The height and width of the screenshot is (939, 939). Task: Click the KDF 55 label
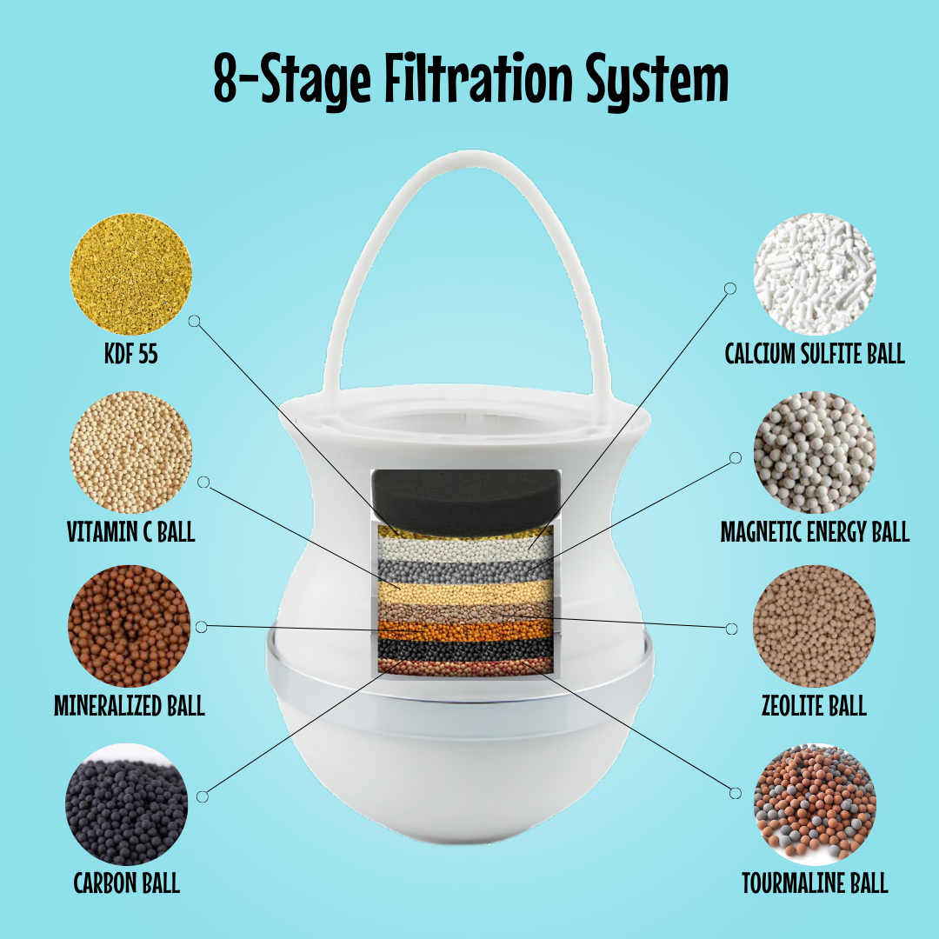(131, 354)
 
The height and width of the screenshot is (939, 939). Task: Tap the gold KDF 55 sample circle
(130, 274)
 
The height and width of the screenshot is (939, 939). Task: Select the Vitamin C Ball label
(130, 532)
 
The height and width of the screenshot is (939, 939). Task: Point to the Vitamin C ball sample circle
(130, 452)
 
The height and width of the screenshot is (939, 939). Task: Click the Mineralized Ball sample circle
(130, 626)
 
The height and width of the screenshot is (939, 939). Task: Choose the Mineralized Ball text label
(130, 705)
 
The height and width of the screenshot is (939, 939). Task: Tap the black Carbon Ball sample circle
(126, 804)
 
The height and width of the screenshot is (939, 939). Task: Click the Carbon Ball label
(126, 883)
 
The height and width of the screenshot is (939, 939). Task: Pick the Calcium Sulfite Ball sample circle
(815, 274)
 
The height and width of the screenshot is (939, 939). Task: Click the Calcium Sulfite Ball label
(815, 354)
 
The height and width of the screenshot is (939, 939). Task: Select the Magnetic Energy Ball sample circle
(815, 452)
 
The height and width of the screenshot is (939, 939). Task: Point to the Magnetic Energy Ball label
(815, 532)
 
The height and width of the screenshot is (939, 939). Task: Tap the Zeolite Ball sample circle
(814, 626)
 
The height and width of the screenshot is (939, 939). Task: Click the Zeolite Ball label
(814, 705)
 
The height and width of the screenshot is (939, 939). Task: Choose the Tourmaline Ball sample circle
(815, 804)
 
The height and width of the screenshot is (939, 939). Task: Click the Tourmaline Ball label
(815, 883)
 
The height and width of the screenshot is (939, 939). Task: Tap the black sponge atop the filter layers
(467, 502)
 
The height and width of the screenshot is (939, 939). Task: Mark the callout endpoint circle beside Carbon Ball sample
(203, 796)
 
